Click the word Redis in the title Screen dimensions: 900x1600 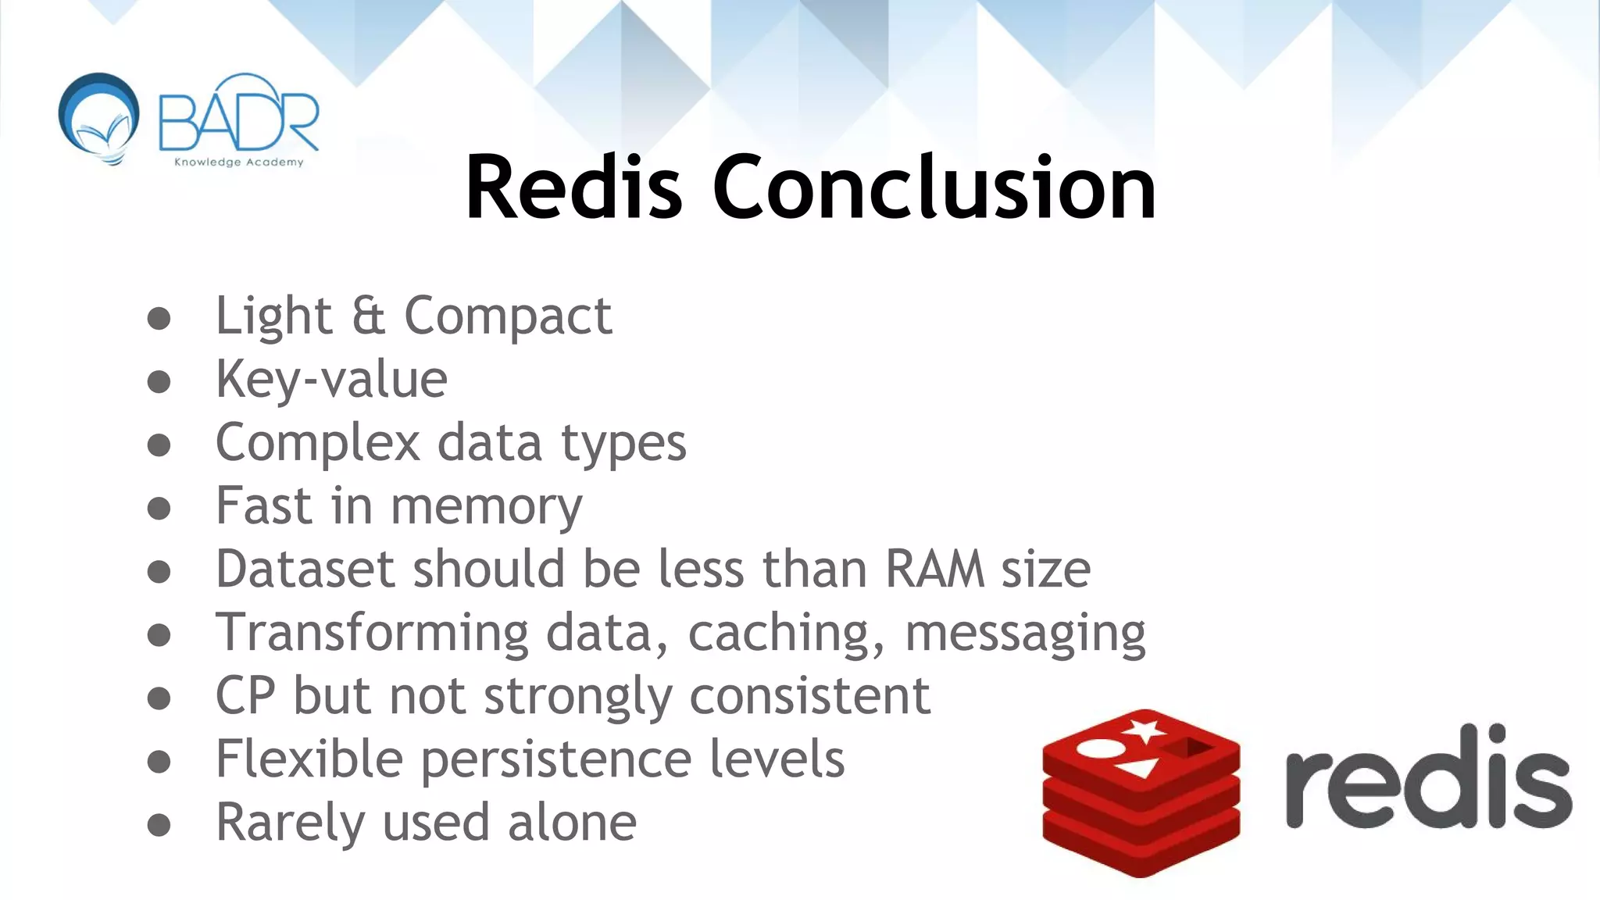coord(574,188)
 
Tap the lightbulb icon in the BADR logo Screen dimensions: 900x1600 coord(99,118)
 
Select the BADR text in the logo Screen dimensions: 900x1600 coord(238,117)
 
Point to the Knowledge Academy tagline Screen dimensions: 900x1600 coord(238,162)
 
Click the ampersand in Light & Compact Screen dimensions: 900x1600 coord(368,316)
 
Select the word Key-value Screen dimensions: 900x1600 coord(331,380)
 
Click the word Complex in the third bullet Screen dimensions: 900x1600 coord(317,443)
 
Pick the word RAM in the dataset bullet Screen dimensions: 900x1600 coord(934,569)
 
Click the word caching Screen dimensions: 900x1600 coord(786,633)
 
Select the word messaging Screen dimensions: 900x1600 coord(1024,633)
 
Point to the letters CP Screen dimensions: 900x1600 coord(245,695)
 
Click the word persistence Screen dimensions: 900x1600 coord(556,759)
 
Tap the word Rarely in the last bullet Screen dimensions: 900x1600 coord(289,823)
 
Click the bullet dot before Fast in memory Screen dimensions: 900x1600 coord(159,509)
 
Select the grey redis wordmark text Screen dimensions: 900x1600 coord(1428,777)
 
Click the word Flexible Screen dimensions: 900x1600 coord(309,759)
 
